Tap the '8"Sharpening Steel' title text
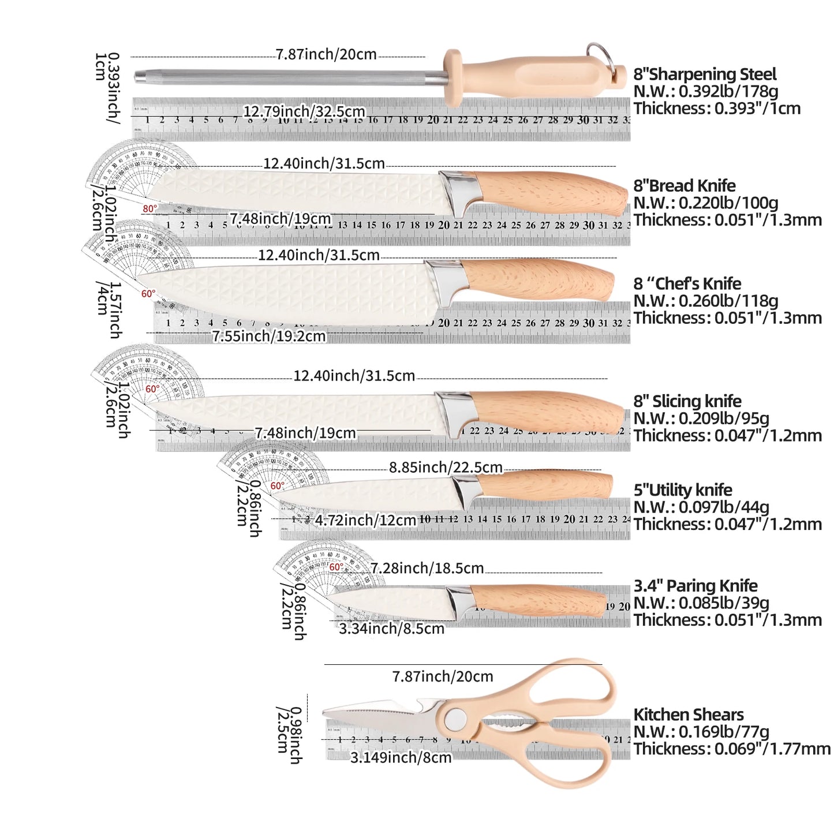[704, 74]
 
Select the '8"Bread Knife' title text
[684, 186]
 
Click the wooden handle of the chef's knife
[537, 279]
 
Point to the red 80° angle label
[149, 208]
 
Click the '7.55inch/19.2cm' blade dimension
[269, 336]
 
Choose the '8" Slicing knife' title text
[687, 401]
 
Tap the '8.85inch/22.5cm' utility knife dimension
[446, 467]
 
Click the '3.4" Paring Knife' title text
[695, 586]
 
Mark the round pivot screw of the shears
[457, 717]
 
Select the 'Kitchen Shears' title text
[688, 715]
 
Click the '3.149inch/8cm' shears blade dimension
[401, 757]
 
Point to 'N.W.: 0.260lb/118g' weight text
[705, 301]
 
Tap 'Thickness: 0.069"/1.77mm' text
[731, 749]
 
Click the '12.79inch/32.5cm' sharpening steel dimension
[304, 111]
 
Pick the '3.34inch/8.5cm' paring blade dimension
[391, 629]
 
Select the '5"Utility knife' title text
[682, 490]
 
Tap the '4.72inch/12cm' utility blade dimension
[365, 520]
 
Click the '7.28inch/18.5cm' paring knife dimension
[427, 568]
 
